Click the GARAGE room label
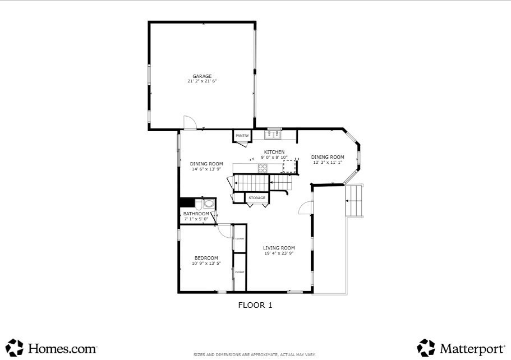click(202, 76)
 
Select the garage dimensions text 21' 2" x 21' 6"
click(202, 81)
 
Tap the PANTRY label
click(242, 136)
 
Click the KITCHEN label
click(274, 152)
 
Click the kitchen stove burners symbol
click(263, 168)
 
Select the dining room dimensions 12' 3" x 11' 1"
click(328, 163)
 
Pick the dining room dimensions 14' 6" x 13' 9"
click(206, 169)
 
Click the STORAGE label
click(257, 198)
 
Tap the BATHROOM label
click(196, 214)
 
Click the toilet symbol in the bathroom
click(208, 204)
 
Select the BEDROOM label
click(206, 258)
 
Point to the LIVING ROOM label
click(279, 248)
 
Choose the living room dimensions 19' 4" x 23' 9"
click(279, 253)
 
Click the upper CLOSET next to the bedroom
click(240, 238)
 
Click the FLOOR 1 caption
click(255, 306)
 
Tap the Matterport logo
click(461, 348)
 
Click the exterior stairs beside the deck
click(355, 201)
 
